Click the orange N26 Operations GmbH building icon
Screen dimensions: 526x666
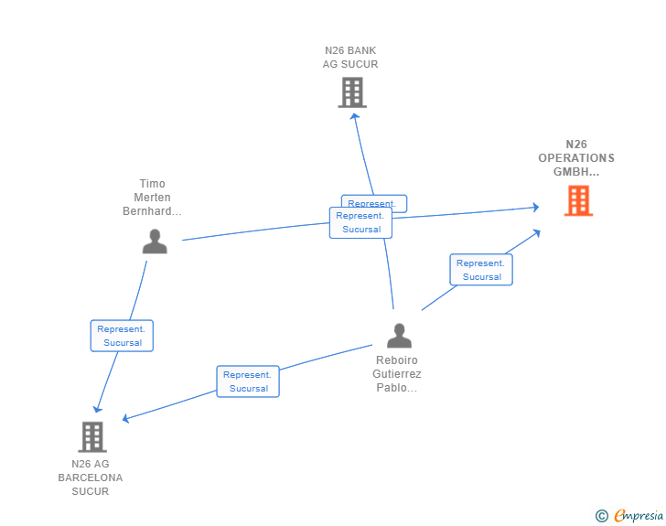578,200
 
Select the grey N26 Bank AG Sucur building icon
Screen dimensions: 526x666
352,92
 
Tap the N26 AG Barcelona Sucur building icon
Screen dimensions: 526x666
92,436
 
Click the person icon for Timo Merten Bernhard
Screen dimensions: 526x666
155,242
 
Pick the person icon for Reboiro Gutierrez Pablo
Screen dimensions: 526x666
399,336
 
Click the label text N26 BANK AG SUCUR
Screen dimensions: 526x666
349,58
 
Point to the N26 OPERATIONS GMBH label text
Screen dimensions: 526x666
576,157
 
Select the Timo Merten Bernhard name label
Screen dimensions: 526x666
152,198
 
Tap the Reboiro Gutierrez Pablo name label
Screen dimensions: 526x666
397,374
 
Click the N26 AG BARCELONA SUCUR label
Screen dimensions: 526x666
91,478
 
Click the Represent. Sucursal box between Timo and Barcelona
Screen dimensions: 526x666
122,336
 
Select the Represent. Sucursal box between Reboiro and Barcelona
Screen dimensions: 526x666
248,381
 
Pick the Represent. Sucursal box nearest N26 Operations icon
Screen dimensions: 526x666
481,270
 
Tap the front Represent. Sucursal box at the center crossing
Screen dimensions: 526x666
360,223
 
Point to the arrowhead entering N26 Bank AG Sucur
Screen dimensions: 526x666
354,118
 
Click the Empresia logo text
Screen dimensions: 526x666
638,516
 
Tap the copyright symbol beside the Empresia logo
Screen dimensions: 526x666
601,516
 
